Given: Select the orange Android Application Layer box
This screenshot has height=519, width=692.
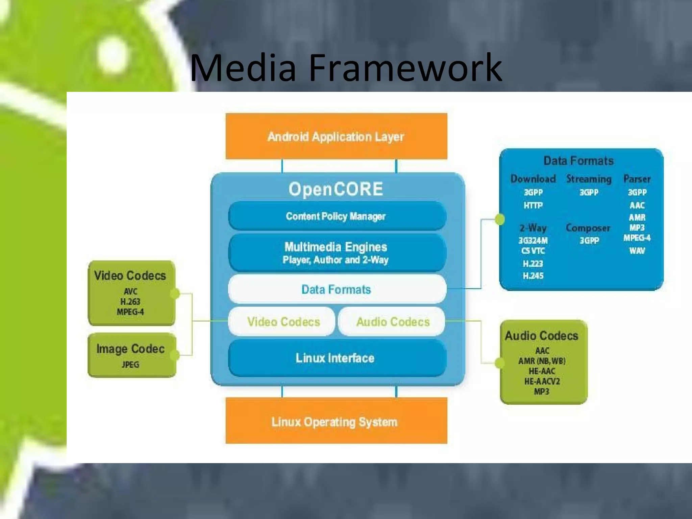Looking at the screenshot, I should point(336,137).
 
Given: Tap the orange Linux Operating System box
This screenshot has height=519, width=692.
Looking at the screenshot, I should point(336,421).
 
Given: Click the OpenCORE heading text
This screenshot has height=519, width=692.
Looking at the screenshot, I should point(336,189).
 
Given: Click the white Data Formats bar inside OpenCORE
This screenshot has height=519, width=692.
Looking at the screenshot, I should point(337,289).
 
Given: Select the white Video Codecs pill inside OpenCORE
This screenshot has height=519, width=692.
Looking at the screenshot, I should point(283,322).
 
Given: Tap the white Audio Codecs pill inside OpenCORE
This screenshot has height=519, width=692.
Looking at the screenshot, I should point(393,322).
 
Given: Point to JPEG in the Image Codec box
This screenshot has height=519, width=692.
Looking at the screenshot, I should point(130,365).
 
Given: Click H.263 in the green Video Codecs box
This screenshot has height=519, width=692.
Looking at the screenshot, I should point(130,301).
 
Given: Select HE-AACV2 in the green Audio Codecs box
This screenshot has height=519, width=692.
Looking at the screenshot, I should point(542,381).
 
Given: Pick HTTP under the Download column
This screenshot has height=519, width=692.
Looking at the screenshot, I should point(533,205).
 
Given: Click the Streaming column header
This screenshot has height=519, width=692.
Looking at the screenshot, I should point(589,179).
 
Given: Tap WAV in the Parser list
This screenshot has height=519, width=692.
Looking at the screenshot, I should point(637,251).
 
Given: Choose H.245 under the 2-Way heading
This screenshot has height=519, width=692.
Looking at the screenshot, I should point(533,276).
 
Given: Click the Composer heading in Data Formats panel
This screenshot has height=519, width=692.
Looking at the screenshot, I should point(588,228).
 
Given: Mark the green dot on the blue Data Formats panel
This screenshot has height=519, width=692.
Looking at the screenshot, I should point(500,219).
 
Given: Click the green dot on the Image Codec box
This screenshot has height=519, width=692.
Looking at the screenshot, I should point(175,355).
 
